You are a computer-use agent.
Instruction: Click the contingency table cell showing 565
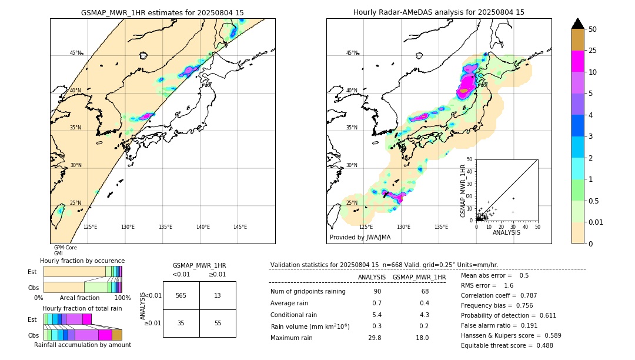(x=181, y=295)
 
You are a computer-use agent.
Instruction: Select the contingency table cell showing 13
(x=217, y=295)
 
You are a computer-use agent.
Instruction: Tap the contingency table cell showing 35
(x=181, y=323)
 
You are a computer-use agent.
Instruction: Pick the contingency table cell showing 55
(x=217, y=323)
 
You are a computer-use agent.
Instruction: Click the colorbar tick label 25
(x=593, y=51)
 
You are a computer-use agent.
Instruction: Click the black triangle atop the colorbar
(x=577, y=24)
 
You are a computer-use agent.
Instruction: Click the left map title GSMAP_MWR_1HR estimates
(x=162, y=12)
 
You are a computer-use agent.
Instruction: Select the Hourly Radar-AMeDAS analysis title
(x=439, y=12)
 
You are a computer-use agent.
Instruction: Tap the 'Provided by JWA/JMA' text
(x=360, y=237)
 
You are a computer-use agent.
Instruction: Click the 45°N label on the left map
(x=76, y=53)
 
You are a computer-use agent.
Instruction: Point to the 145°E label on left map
(x=240, y=227)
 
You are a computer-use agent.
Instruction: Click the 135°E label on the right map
(x=441, y=227)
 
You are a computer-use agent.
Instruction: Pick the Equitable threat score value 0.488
(x=540, y=345)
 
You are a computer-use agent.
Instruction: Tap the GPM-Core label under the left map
(x=65, y=248)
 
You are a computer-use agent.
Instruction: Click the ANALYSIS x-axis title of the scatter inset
(x=506, y=232)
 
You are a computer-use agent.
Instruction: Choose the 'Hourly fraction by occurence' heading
(x=82, y=261)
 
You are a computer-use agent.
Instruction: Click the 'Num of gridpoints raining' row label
(x=308, y=291)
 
